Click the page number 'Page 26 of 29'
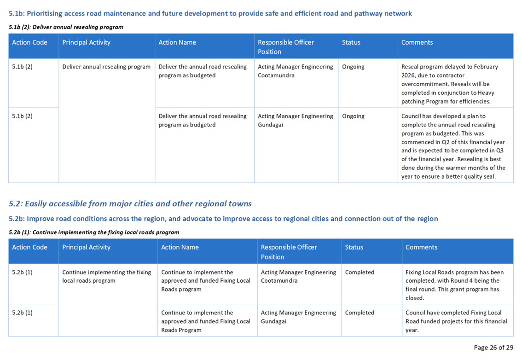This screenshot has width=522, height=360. point(493,348)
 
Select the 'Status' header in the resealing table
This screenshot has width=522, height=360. point(351,42)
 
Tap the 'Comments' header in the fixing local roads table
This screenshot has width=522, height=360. point(421,247)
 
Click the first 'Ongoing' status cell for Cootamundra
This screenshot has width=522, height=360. point(353,67)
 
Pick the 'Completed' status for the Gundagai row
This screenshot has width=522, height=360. point(359,313)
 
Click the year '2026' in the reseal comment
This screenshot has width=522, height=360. point(408,75)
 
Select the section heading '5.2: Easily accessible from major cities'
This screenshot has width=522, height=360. point(130,203)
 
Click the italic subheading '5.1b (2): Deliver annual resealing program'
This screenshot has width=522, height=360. point(66,27)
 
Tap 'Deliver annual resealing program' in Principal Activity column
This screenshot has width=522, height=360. point(106,67)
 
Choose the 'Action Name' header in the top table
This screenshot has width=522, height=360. point(177,42)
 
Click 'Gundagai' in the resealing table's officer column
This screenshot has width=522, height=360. point(270,125)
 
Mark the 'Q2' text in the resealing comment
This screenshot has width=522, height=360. point(446,142)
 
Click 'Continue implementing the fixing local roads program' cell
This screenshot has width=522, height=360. point(106,276)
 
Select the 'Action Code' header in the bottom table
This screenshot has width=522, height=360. point(29,247)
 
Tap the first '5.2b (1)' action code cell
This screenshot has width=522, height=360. point(22,272)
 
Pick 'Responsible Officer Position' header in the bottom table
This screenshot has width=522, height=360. point(289,252)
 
